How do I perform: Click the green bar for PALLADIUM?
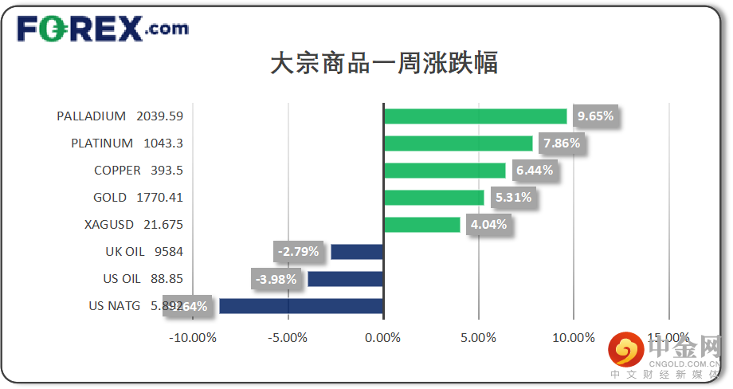[x=475, y=116]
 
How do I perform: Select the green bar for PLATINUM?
[x=458, y=143]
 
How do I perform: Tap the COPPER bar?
[x=445, y=171]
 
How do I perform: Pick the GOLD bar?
[x=433, y=198]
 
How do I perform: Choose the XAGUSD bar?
[x=421, y=225]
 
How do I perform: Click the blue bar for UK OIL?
[x=357, y=252]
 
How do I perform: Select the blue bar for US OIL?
[x=345, y=279]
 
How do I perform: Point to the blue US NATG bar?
[x=301, y=306]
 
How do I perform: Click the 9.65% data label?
[x=595, y=116]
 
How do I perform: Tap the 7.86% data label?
[x=562, y=143]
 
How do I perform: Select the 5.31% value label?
[x=513, y=198]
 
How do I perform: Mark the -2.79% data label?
[x=299, y=252]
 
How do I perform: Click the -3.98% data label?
[x=276, y=279]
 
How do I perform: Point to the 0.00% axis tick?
[x=383, y=337]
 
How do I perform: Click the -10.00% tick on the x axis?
[x=193, y=337]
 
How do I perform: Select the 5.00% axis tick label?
[x=478, y=337]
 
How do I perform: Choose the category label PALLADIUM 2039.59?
[x=120, y=116]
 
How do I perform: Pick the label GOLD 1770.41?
[x=138, y=198]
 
